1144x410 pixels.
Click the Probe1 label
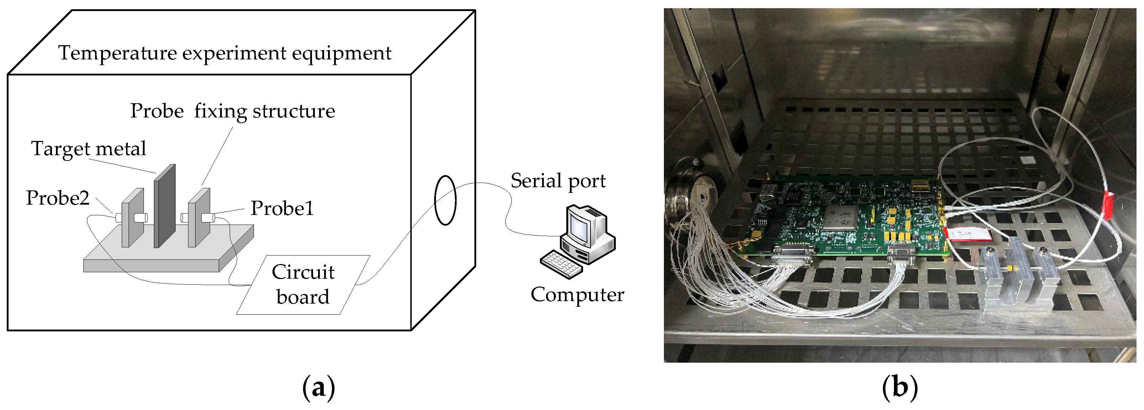tap(282, 208)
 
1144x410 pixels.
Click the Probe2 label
tap(58, 198)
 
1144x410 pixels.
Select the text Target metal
tap(88, 149)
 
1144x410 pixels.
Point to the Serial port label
tap(558, 180)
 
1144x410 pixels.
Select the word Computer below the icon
tap(577, 295)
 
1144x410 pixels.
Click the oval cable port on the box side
tap(445, 201)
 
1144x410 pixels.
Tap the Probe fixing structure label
tap(232, 111)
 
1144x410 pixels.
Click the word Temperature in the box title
tap(118, 53)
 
